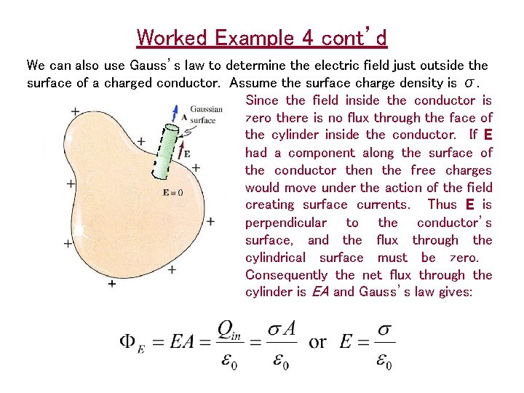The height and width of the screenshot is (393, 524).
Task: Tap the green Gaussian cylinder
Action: [x=167, y=152]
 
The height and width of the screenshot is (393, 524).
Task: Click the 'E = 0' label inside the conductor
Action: [x=173, y=193]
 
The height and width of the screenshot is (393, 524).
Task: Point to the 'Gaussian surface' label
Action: [x=205, y=115]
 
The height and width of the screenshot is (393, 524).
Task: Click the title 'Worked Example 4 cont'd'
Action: [x=262, y=37]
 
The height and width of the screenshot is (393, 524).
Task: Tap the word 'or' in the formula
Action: [x=317, y=342]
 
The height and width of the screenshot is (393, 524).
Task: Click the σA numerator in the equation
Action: [x=281, y=328]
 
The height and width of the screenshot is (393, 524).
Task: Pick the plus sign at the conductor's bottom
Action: [x=111, y=283]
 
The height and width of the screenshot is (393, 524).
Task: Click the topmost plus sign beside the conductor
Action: [x=75, y=111]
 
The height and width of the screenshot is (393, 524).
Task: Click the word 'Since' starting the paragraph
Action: [x=263, y=100]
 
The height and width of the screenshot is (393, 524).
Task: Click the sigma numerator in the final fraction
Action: [x=384, y=328]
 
